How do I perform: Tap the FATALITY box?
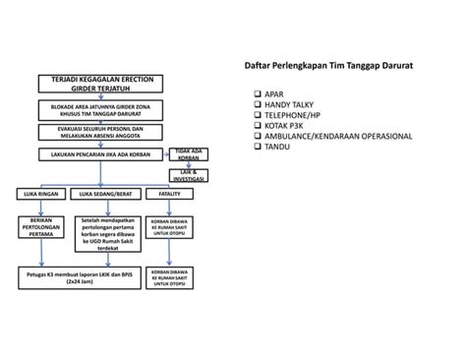point(168,194)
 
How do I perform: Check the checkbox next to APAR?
point(258,94)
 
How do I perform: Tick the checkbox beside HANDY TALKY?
point(258,105)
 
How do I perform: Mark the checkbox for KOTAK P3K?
point(258,126)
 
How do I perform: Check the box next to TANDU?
point(258,147)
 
